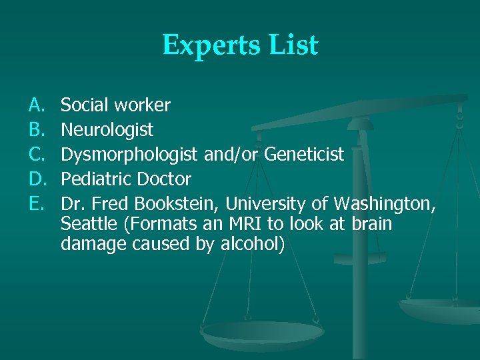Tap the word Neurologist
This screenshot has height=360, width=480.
tap(107, 129)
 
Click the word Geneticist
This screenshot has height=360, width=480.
tap(304, 155)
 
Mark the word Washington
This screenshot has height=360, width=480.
tap(385, 203)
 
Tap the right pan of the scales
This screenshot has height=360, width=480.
tap(440, 309)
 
